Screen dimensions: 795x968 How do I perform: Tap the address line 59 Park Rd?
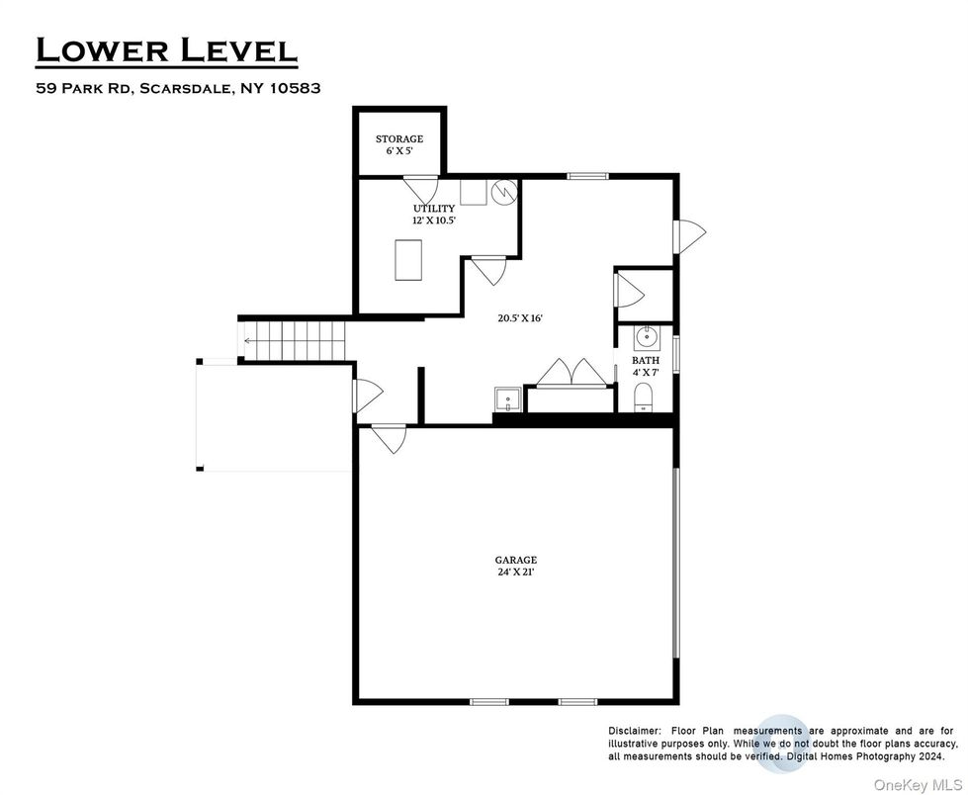pos(178,88)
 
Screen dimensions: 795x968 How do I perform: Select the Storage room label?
pos(398,145)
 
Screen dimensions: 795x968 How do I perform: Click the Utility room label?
pos(433,214)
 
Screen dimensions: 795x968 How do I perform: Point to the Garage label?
pos(515,565)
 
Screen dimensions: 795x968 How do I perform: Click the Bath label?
pos(646,367)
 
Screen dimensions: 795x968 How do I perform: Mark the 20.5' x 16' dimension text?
pos(520,318)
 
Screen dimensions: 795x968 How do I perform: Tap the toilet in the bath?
pos(644,399)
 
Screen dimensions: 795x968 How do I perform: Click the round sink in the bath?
pos(647,338)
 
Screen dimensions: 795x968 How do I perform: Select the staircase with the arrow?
pos(293,340)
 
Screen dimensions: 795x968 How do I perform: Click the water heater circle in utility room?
pos(504,189)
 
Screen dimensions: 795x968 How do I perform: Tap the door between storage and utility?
pos(420,187)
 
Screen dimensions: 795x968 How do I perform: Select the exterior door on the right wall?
pos(689,235)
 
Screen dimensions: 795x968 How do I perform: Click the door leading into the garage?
pos(389,436)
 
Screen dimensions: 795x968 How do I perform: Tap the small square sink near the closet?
pos(505,399)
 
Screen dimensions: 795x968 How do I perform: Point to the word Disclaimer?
pos(635,730)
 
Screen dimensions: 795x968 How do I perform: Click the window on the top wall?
pos(586,176)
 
